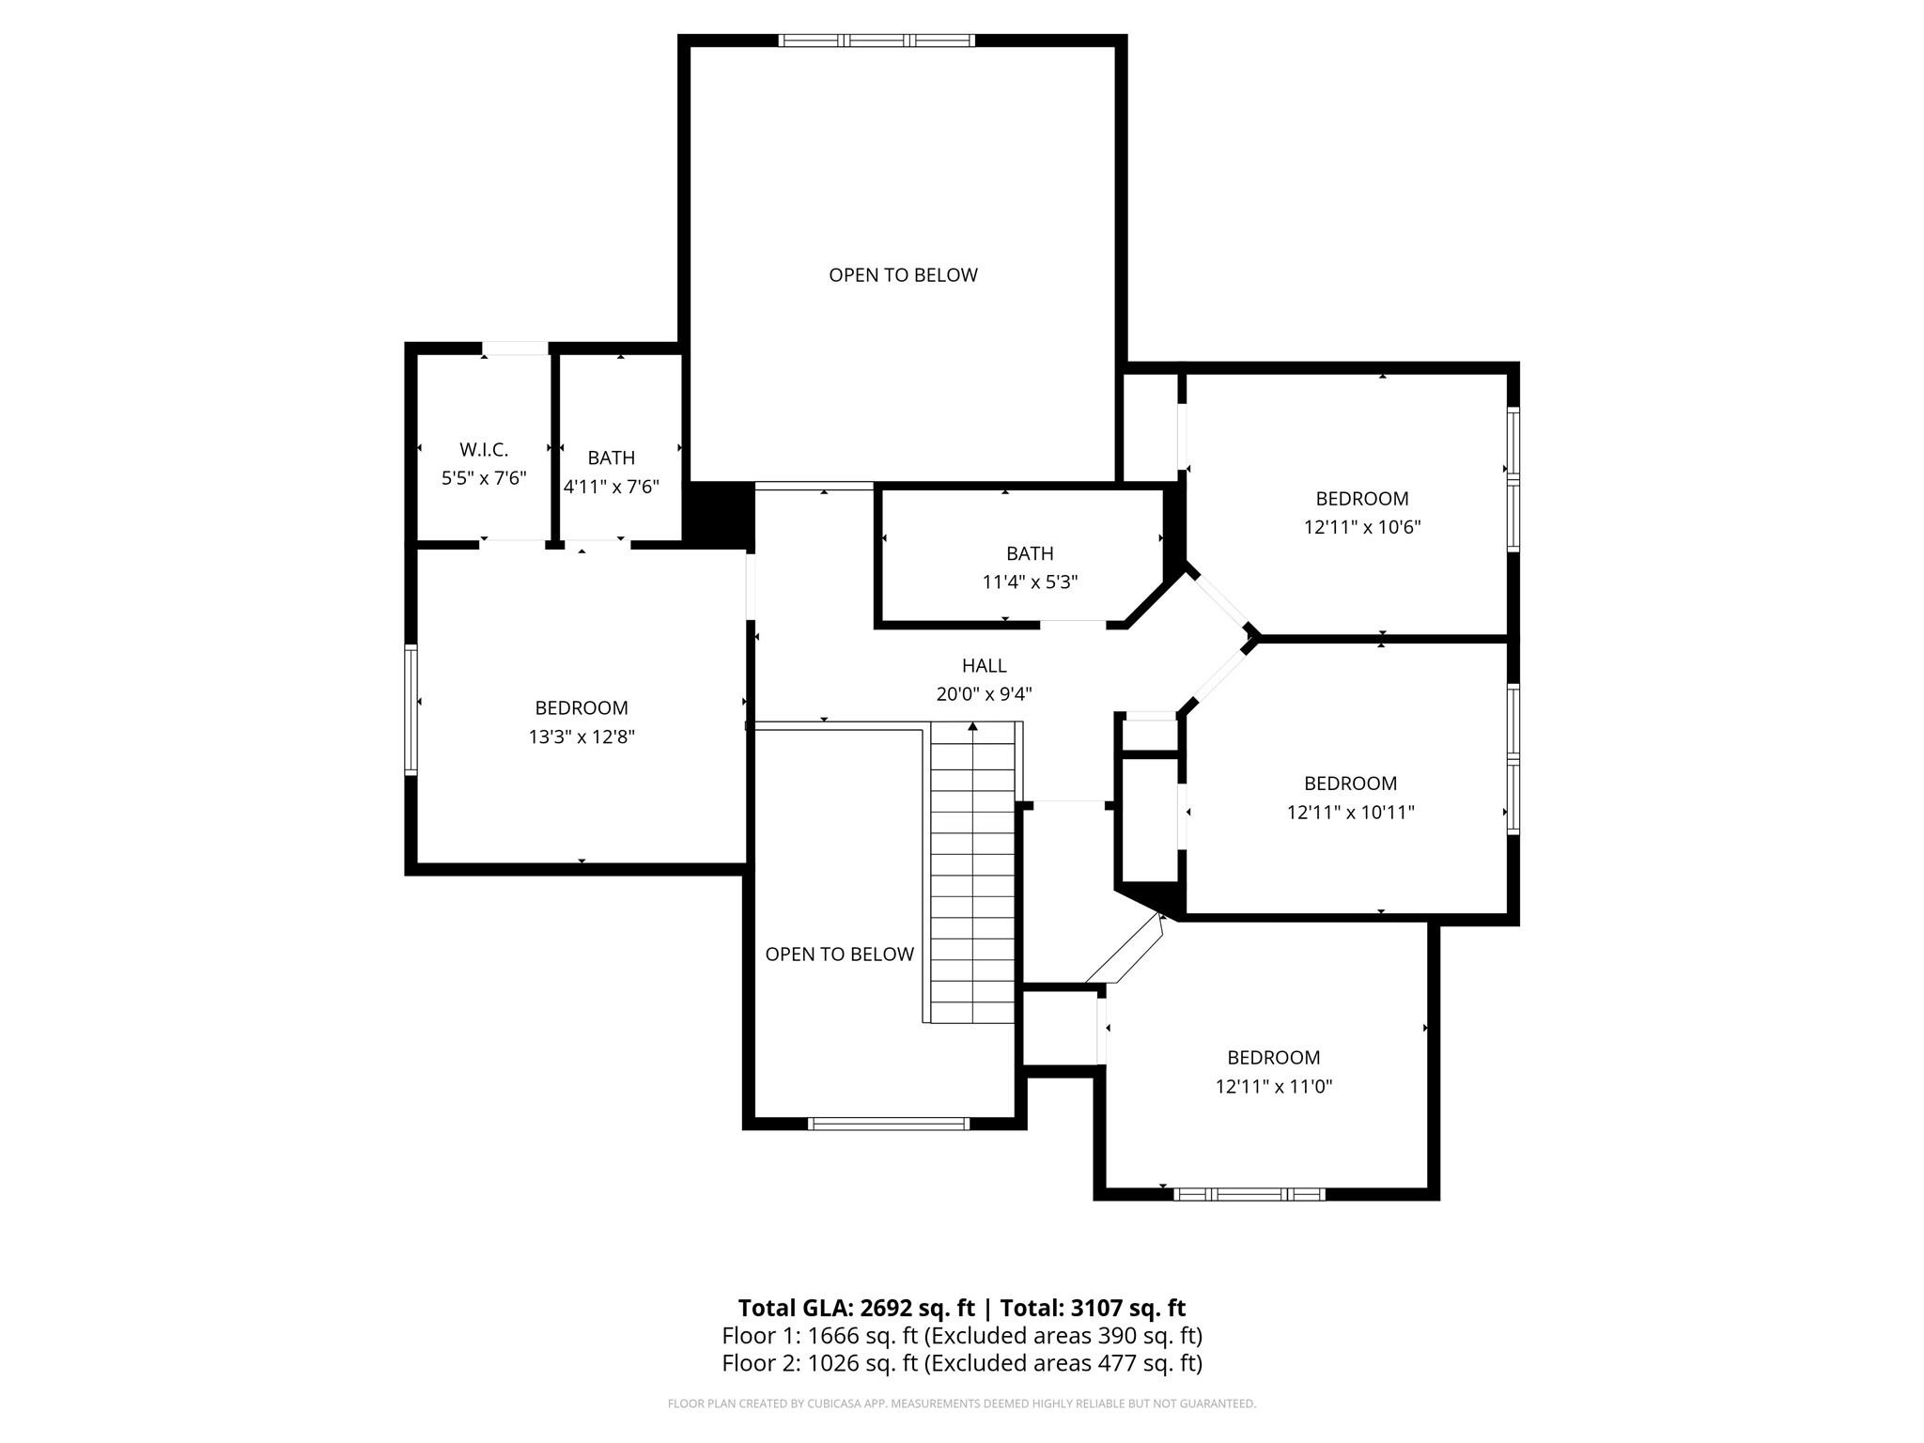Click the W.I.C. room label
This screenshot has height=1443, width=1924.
484,450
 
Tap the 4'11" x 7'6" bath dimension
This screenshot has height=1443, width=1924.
611,487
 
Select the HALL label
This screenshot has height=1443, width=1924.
984,666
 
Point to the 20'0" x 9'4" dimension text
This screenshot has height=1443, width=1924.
984,694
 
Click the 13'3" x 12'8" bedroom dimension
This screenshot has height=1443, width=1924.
582,737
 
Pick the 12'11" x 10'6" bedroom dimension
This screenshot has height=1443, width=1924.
1362,527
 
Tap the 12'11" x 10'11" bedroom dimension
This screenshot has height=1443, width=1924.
1350,812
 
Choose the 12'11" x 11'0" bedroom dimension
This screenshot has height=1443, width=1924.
1274,1087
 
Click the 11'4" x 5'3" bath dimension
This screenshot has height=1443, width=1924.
1030,582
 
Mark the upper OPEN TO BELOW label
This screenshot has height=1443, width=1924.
903,275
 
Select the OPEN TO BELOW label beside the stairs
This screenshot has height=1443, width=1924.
839,954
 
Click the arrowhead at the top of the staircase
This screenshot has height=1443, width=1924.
972,726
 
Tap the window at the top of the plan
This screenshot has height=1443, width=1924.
877,40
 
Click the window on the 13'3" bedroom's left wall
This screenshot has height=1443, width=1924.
411,709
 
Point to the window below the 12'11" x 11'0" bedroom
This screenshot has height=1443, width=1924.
1249,1194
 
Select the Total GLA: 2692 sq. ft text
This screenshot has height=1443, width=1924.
856,1308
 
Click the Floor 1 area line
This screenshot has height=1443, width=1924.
962,1335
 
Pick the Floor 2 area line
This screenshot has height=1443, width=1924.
962,1362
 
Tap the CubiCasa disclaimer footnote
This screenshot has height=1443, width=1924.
962,1404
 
